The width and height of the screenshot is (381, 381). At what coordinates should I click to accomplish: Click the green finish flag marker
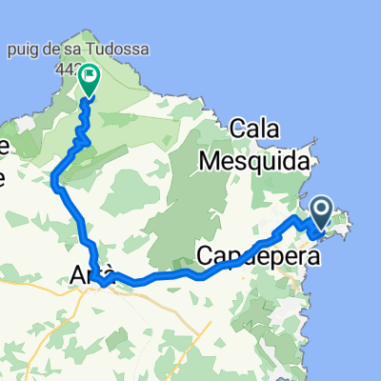(x=89, y=79)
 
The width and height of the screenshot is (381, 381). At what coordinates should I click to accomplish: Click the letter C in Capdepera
(x=207, y=255)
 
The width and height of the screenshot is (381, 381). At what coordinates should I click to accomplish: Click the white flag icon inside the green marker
(x=89, y=75)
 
